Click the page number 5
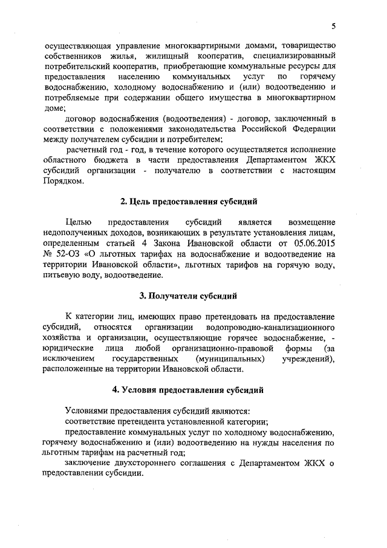pos(333,26)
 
